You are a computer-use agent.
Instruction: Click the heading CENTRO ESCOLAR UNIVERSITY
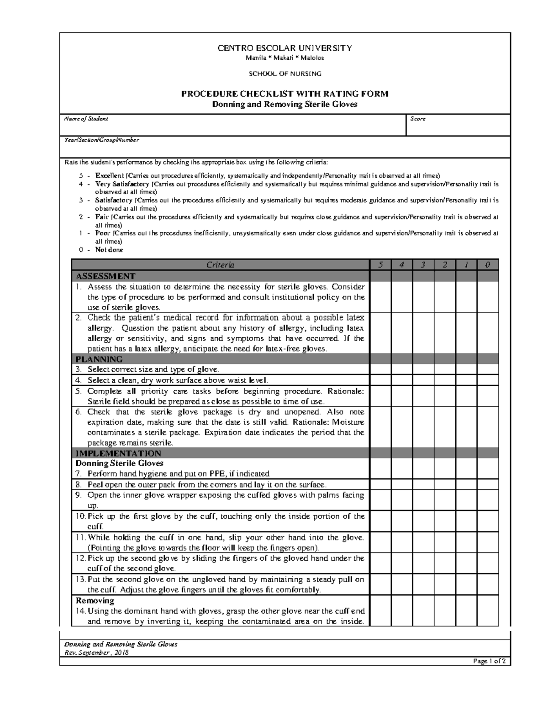tap(285, 48)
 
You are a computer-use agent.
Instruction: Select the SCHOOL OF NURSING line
tap(285, 74)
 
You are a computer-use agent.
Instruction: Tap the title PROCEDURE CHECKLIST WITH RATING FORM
tap(285, 94)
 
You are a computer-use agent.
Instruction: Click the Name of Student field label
tap(86, 119)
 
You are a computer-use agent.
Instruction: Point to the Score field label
tap(418, 119)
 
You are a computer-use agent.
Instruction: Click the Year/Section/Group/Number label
tap(101, 140)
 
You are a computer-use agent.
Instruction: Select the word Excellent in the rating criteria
tap(109, 176)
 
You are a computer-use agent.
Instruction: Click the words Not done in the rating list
tap(109, 250)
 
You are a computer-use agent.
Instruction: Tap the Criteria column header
tap(220, 265)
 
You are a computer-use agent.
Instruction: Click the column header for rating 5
tap(380, 265)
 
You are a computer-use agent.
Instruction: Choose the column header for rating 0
tap(488, 265)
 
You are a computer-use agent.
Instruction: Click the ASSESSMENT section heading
tap(105, 276)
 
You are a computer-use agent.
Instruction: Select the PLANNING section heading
tap(99, 359)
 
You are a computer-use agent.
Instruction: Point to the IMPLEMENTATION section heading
tap(118, 453)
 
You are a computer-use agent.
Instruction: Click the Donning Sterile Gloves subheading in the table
tap(119, 463)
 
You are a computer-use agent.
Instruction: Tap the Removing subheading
tap(95, 601)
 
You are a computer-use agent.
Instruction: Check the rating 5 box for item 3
tap(380, 370)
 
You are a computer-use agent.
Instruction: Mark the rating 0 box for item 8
tap(488, 485)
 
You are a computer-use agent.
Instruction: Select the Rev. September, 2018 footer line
tap(96, 652)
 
